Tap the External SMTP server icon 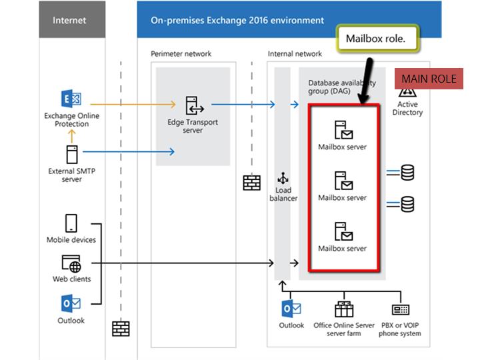(71, 154)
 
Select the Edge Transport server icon (193, 106)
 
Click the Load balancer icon (283, 178)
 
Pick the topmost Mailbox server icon (343, 129)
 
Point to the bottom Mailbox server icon (343, 231)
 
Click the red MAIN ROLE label (429, 79)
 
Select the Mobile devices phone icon (71, 223)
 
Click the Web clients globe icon (71, 264)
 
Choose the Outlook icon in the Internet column (71, 304)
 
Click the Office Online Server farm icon (344, 309)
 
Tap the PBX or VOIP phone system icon (401, 310)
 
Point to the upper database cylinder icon (407, 173)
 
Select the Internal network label (295, 53)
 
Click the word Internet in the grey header (69, 20)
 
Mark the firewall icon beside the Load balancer (252, 182)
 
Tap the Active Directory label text (407, 109)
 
